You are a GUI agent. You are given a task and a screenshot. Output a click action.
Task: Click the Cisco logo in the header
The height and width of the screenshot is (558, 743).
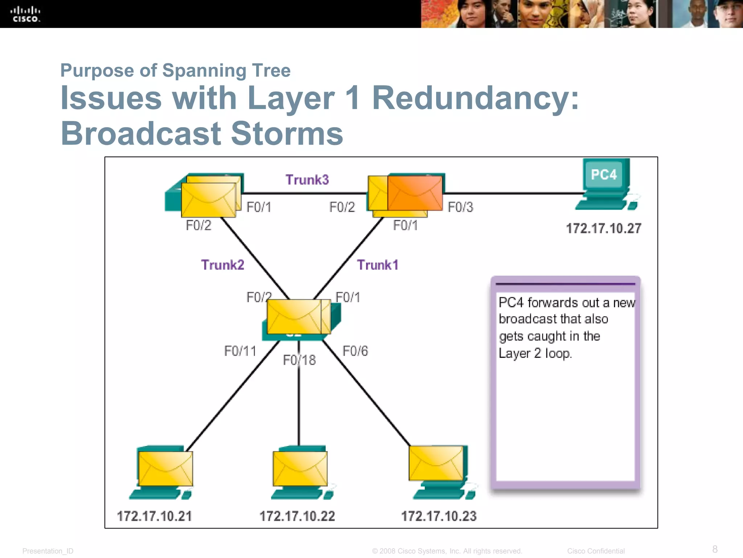[25, 14]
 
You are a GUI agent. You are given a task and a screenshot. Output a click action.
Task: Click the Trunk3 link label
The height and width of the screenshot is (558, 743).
[307, 180]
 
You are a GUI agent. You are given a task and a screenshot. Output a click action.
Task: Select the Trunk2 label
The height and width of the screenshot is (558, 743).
[222, 265]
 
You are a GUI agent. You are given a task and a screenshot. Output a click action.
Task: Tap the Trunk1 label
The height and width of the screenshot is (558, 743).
[377, 265]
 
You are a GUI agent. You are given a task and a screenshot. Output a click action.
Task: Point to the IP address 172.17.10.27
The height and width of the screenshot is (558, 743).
[603, 229]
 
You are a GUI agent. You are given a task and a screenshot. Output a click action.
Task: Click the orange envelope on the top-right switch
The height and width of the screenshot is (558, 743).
[415, 193]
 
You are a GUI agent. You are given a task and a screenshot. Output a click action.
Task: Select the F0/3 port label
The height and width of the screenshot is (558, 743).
[460, 207]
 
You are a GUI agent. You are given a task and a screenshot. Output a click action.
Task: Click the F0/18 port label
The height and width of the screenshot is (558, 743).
[299, 360]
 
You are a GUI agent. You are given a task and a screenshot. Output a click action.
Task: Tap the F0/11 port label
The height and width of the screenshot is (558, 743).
[240, 351]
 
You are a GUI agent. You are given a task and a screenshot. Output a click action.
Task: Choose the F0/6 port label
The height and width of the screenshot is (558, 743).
[355, 351]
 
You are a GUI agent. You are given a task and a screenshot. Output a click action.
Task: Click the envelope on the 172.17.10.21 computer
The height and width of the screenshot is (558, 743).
[165, 469]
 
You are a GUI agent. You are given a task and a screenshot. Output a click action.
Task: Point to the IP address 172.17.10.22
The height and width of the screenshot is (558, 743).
[297, 516]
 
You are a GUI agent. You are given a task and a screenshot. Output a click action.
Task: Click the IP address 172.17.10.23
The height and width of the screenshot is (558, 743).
[438, 516]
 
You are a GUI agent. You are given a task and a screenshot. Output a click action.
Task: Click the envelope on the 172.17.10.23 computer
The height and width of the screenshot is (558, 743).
[436, 463]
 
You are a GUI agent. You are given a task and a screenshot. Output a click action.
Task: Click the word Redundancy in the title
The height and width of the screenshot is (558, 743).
[475, 98]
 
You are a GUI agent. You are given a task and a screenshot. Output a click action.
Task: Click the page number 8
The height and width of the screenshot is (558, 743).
[715, 549]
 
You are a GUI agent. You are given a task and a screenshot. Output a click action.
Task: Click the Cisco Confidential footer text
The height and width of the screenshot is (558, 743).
[596, 551]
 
